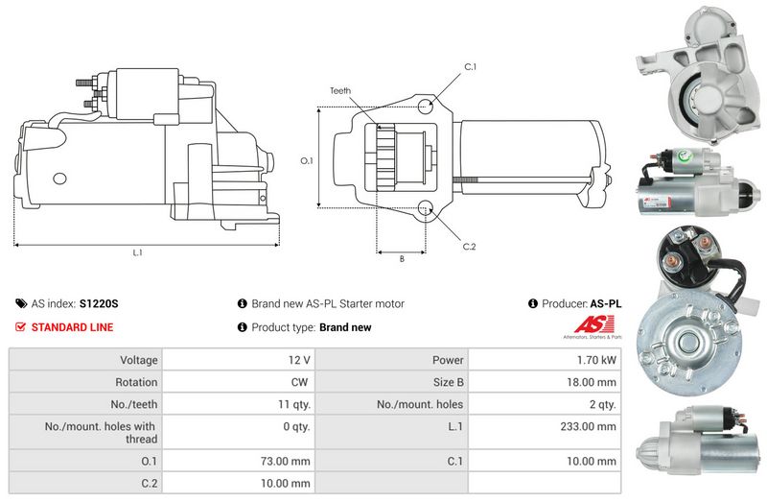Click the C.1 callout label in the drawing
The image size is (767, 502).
[x=470, y=66]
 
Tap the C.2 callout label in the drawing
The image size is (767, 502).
[x=469, y=247]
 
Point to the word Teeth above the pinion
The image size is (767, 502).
[x=340, y=90]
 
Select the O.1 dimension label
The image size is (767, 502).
[x=307, y=160]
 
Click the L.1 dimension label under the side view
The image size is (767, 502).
[x=137, y=252]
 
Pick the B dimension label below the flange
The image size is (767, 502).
[x=402, y=259]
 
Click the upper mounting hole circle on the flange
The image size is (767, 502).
[x=426, y=107]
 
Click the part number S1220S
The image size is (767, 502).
[x=99, y=303]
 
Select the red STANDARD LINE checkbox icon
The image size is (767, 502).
[x=20, y=327]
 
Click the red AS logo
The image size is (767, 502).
[x=593, y=324]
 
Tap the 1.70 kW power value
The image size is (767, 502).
[x=596, y=360]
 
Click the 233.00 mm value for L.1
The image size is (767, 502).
[x=588, y=426]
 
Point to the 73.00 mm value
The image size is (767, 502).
[x=285, y=462]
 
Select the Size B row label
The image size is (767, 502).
[x=448, y=382]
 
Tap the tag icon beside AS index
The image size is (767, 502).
[x=21, y=303]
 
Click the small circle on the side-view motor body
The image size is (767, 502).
[x=59, y=179]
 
